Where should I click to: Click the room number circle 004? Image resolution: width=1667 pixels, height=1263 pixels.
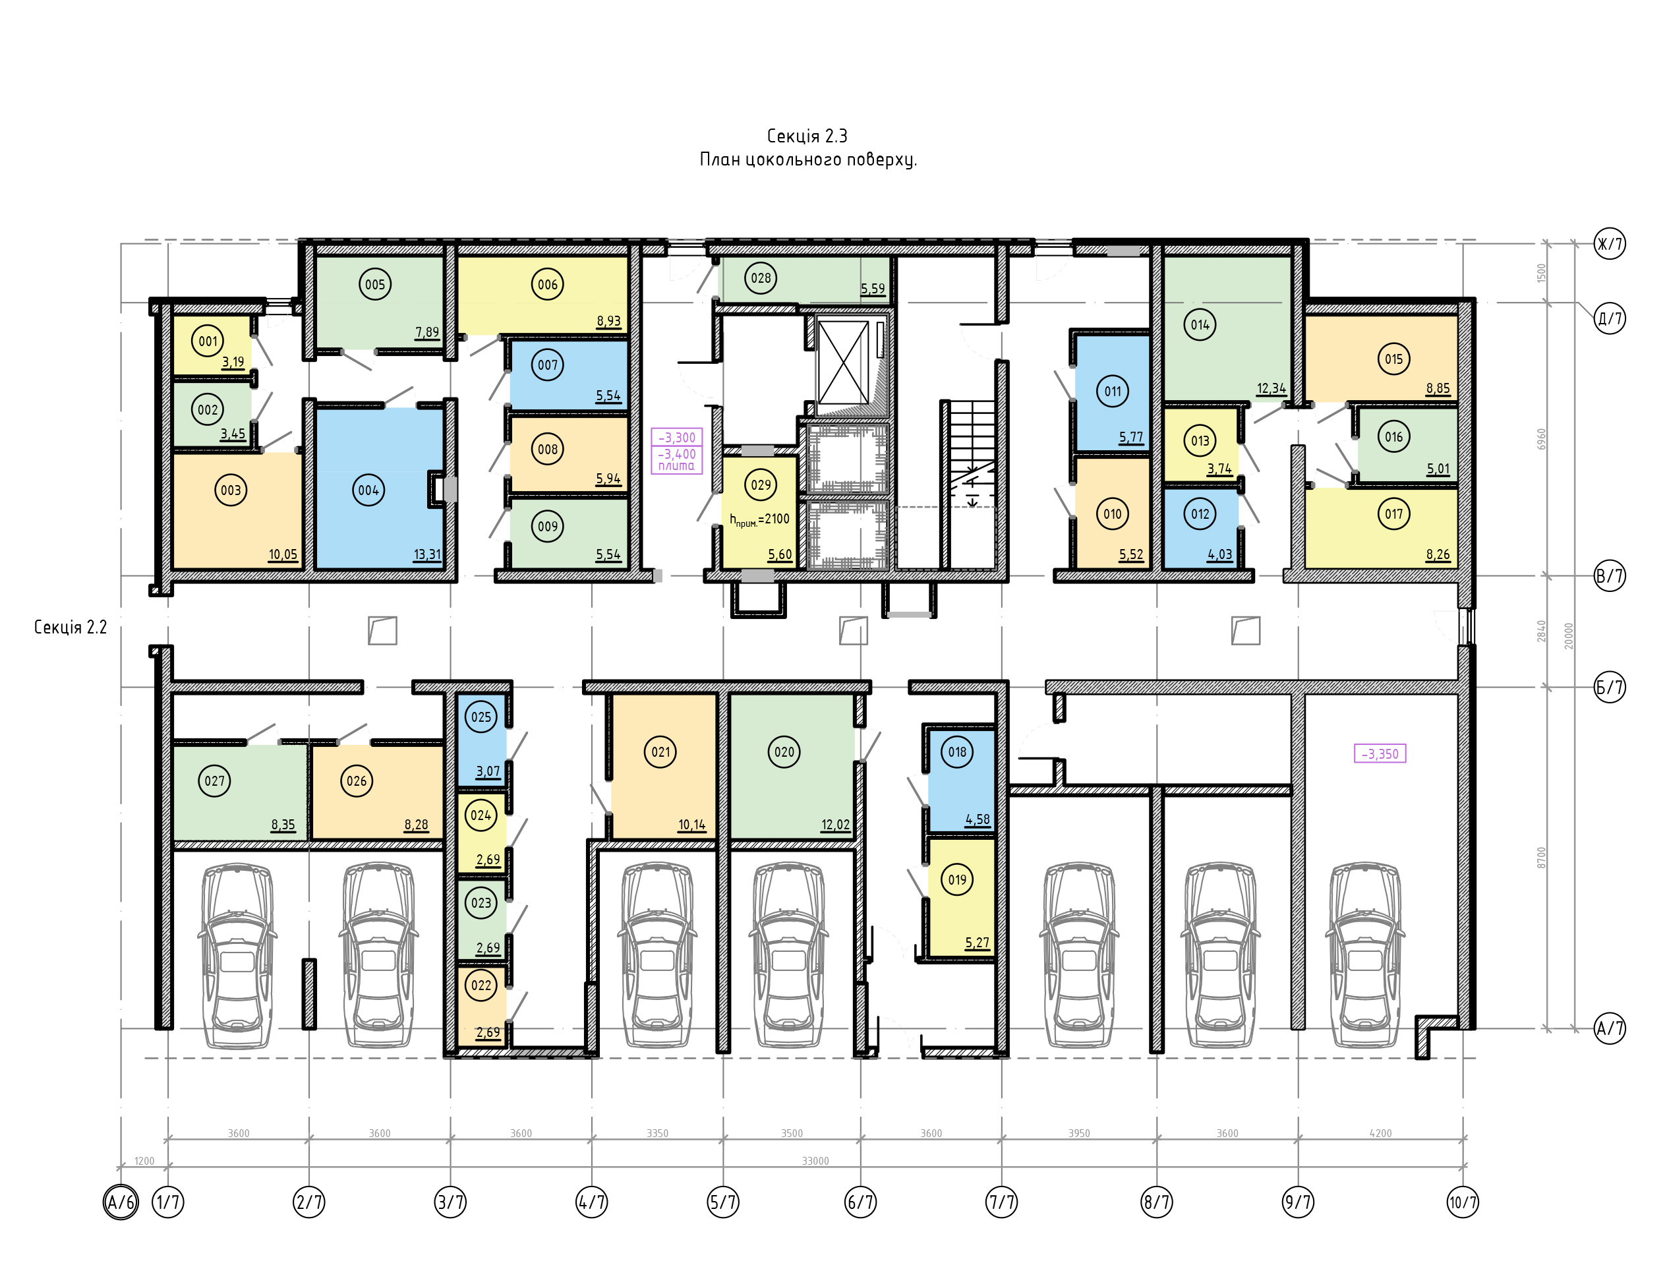coord(368,490)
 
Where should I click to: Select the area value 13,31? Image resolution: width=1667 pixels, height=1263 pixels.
coord(427,554)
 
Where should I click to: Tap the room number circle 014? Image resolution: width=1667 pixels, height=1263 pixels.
coord(1200,325)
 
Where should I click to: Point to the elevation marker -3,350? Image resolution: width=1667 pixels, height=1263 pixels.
coord(1380,753)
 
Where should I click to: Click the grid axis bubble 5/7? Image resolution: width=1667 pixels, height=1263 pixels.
coord(724,1202)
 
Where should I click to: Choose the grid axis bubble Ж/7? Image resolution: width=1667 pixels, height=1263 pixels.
coord(1610,243)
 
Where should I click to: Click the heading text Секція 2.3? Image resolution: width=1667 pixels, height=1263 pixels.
coord(807,136)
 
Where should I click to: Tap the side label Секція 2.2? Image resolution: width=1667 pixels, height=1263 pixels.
coord(70,627)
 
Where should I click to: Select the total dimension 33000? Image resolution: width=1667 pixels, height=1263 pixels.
coord(815,1161)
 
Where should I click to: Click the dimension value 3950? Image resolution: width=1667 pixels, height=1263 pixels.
coord(1079,1133)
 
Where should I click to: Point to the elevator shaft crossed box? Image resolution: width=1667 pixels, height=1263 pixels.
coord(843,363)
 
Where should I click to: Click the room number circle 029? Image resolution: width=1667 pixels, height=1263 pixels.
coord(761,485)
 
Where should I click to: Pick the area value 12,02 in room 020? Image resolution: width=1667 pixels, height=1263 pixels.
coord(836,825)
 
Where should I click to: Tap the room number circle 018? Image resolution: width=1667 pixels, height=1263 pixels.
coord(957,752)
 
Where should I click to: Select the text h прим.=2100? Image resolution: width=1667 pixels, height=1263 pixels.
coord(759,520)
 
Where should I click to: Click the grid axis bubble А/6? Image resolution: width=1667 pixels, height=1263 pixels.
coord(121,1202)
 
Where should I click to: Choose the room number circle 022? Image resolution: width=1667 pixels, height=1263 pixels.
coord(481,985)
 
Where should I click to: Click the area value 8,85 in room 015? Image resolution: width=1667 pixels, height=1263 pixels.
coord(1438,389)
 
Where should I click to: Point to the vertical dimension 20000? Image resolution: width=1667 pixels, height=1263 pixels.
coord(1569,635)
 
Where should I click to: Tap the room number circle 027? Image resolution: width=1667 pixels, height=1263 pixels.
coord(215,781)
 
